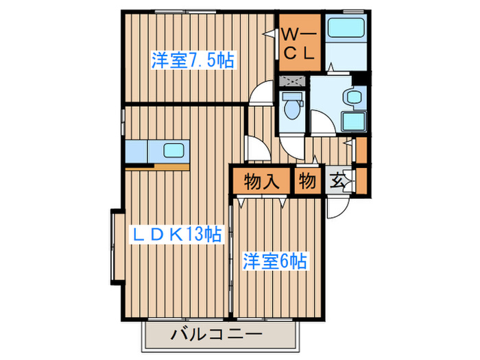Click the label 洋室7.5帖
[193, 60]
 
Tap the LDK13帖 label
[176, 235]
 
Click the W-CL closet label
[299, 43]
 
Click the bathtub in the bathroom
[345, 29]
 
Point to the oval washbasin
[354, 97]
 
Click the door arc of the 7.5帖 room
[261, 94]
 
